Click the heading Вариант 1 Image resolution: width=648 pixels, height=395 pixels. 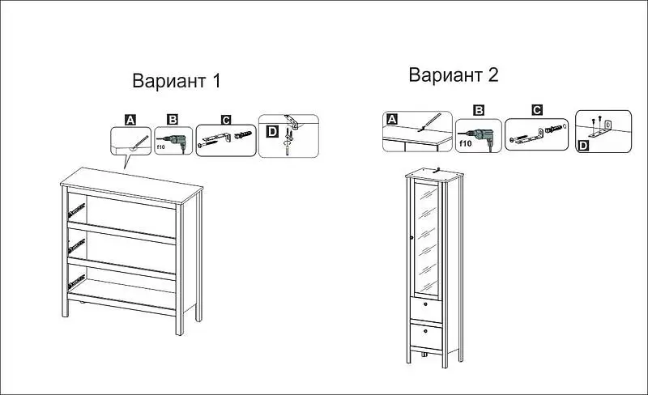pyautogui.click(x=177, y=81)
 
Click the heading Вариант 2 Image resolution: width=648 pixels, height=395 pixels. pyautogui.click(x=454, y=74)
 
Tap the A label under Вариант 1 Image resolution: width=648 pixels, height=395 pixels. pyautogui.click(x=130, y=120)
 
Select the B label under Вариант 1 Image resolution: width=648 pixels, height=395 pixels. pyautogui.click(x=173, y=120)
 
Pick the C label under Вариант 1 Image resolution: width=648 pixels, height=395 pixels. pyautogui.click(x=226, y=120)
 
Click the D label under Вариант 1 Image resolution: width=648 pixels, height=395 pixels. pyautogui.click(x=272, y=132)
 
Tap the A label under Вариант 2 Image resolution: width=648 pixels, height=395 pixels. pyautogui.click(x=392, y=120)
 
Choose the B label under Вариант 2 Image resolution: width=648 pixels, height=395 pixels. pyautogui.click(x=479, y=110)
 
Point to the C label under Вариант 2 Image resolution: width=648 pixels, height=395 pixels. pyautogui.click(x=537, y=110)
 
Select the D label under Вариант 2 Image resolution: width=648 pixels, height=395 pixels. pyautogui.click(x=582, y=146)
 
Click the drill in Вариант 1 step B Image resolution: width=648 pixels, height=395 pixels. pyautogui.click(x=175, y=142)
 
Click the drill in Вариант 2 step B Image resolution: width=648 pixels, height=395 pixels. pyautogui.click(x=481, y=135)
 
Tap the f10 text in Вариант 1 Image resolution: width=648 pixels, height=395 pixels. pyautogui.click(x=160, y=147)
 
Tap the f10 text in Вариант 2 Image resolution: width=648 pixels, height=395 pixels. pyautogui.click(x=465, y=143)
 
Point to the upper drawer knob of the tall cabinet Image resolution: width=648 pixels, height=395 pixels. pyautogui.click(x=426, y=305)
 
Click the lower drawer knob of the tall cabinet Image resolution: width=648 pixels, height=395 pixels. pyautogui.click(x=426, y=331)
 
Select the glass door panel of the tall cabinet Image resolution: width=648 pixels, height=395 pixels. pyautogui.click(x=427, y=239)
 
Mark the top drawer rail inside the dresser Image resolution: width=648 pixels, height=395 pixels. pyautogui.click(x=76, y=210)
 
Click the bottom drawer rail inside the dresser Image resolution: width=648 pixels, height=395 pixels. pyautogui.click(x=76, y=282)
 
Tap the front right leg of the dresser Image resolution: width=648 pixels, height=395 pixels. pyautogui.click(x=179, y=269)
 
